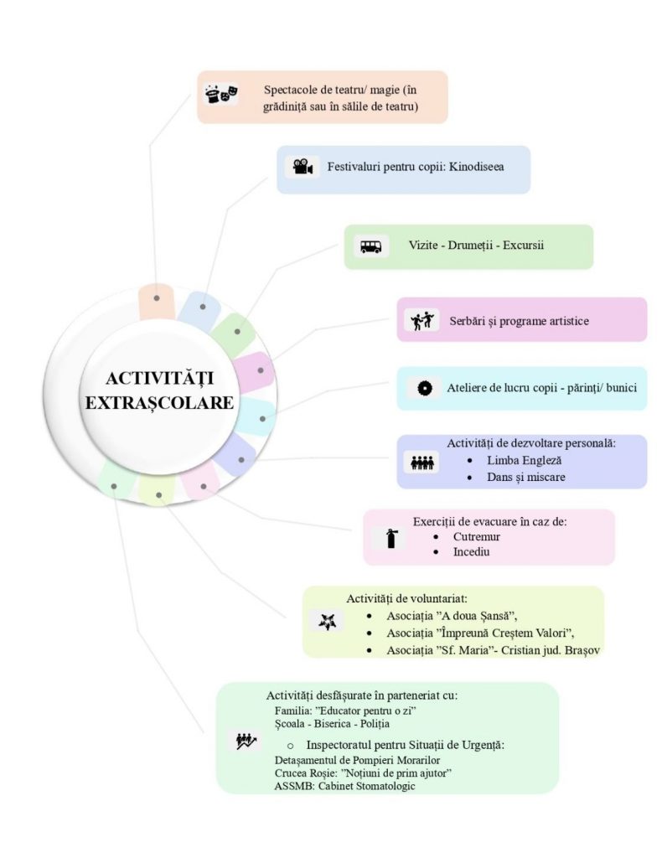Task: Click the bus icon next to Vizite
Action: pyautogui.click(x=370, y=246)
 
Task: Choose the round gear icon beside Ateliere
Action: pyautogui.click(x=425, y=389)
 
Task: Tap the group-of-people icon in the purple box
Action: pyautogui.click(x=422, y=463)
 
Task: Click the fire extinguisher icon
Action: pyautogui.click(x=390, y=538)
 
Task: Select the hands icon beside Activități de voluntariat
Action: pyautogui.click(x=326, y=621)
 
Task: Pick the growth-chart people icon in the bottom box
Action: pyautogui.click(x=245, y=741)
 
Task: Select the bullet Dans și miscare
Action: pyautogui.click(x=526, y=478)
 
